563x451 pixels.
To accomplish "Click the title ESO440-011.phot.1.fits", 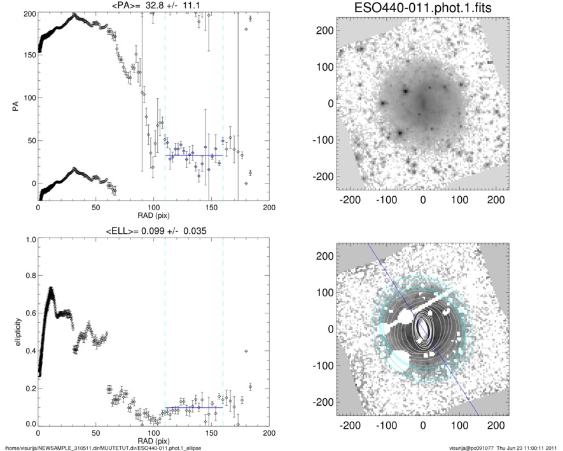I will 422,8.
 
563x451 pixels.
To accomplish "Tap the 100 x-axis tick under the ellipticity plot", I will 153,433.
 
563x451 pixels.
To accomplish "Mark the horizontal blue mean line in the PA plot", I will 194,155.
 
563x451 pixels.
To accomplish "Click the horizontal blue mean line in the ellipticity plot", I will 194,407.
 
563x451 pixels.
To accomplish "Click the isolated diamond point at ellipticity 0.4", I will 246,351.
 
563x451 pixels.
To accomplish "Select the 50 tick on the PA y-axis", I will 30,141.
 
